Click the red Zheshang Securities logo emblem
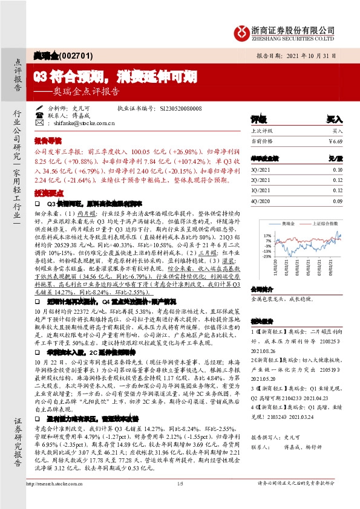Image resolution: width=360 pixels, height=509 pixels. (243, 31)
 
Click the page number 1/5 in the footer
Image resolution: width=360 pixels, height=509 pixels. (180, 501)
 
